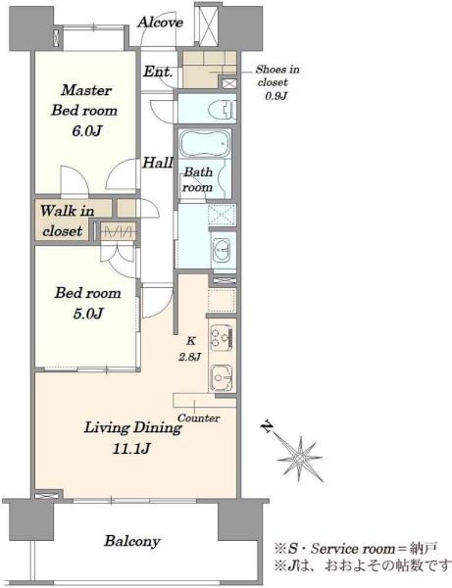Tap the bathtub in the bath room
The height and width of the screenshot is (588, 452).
[205, 144]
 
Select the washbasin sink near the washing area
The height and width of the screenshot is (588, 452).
[222, 250]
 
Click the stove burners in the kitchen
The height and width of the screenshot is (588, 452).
[222, 338]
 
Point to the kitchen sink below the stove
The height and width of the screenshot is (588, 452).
[222, 378]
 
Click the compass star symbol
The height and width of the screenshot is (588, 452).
[300, 458]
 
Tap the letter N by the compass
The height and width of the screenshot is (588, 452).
[268, 426]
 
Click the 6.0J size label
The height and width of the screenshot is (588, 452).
[86, 131]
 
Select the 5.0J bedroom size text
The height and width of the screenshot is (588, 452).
[87, 314]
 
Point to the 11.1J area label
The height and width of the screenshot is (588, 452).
[131, 448]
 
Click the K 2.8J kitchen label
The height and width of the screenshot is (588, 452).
[190, 349]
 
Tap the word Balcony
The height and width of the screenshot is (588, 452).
[132, 541]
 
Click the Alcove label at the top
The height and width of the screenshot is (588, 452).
[160, 23]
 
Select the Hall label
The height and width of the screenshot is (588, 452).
[158, 163]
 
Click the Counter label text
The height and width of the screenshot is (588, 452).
[198, 417]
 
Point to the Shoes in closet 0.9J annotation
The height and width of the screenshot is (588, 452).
[276, 82]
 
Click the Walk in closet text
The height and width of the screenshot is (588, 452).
[67, 220]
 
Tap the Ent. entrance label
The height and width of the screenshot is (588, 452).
[158, 72]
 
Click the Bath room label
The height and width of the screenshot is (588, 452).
[198, 179]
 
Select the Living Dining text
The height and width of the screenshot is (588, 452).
[132, 428]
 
